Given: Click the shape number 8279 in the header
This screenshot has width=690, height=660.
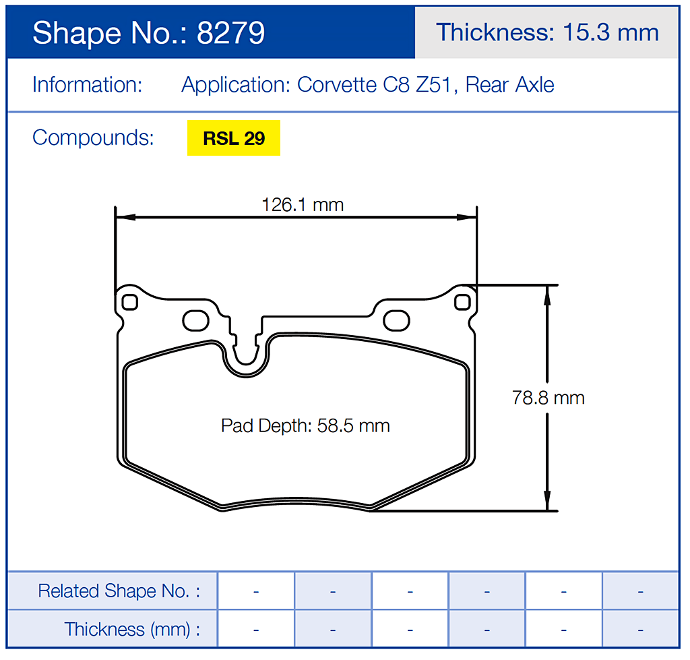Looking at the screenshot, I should click(230, 32).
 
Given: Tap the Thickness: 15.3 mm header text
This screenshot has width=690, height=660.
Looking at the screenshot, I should click(546, 32).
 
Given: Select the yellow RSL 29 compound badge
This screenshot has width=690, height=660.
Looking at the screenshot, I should click(233, 138).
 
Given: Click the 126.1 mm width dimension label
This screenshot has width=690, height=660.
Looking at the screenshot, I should click(303, 204).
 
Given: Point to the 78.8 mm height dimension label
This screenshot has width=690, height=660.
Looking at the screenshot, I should click(548, 398).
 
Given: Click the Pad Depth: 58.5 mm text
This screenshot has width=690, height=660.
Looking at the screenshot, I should click(305, 426).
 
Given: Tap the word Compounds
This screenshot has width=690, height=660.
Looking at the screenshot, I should click(93, 138).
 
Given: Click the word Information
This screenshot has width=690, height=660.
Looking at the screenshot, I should click(87, 85).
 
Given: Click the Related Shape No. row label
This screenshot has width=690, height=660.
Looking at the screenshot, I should click(119, 591).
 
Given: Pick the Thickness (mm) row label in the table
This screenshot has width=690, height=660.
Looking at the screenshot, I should click(132, 630).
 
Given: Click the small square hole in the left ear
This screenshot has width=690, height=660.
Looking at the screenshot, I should click(130, 302).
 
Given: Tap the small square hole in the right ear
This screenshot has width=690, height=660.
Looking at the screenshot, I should click(462, 302).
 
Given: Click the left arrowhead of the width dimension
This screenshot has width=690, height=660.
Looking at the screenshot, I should click(123, 217).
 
